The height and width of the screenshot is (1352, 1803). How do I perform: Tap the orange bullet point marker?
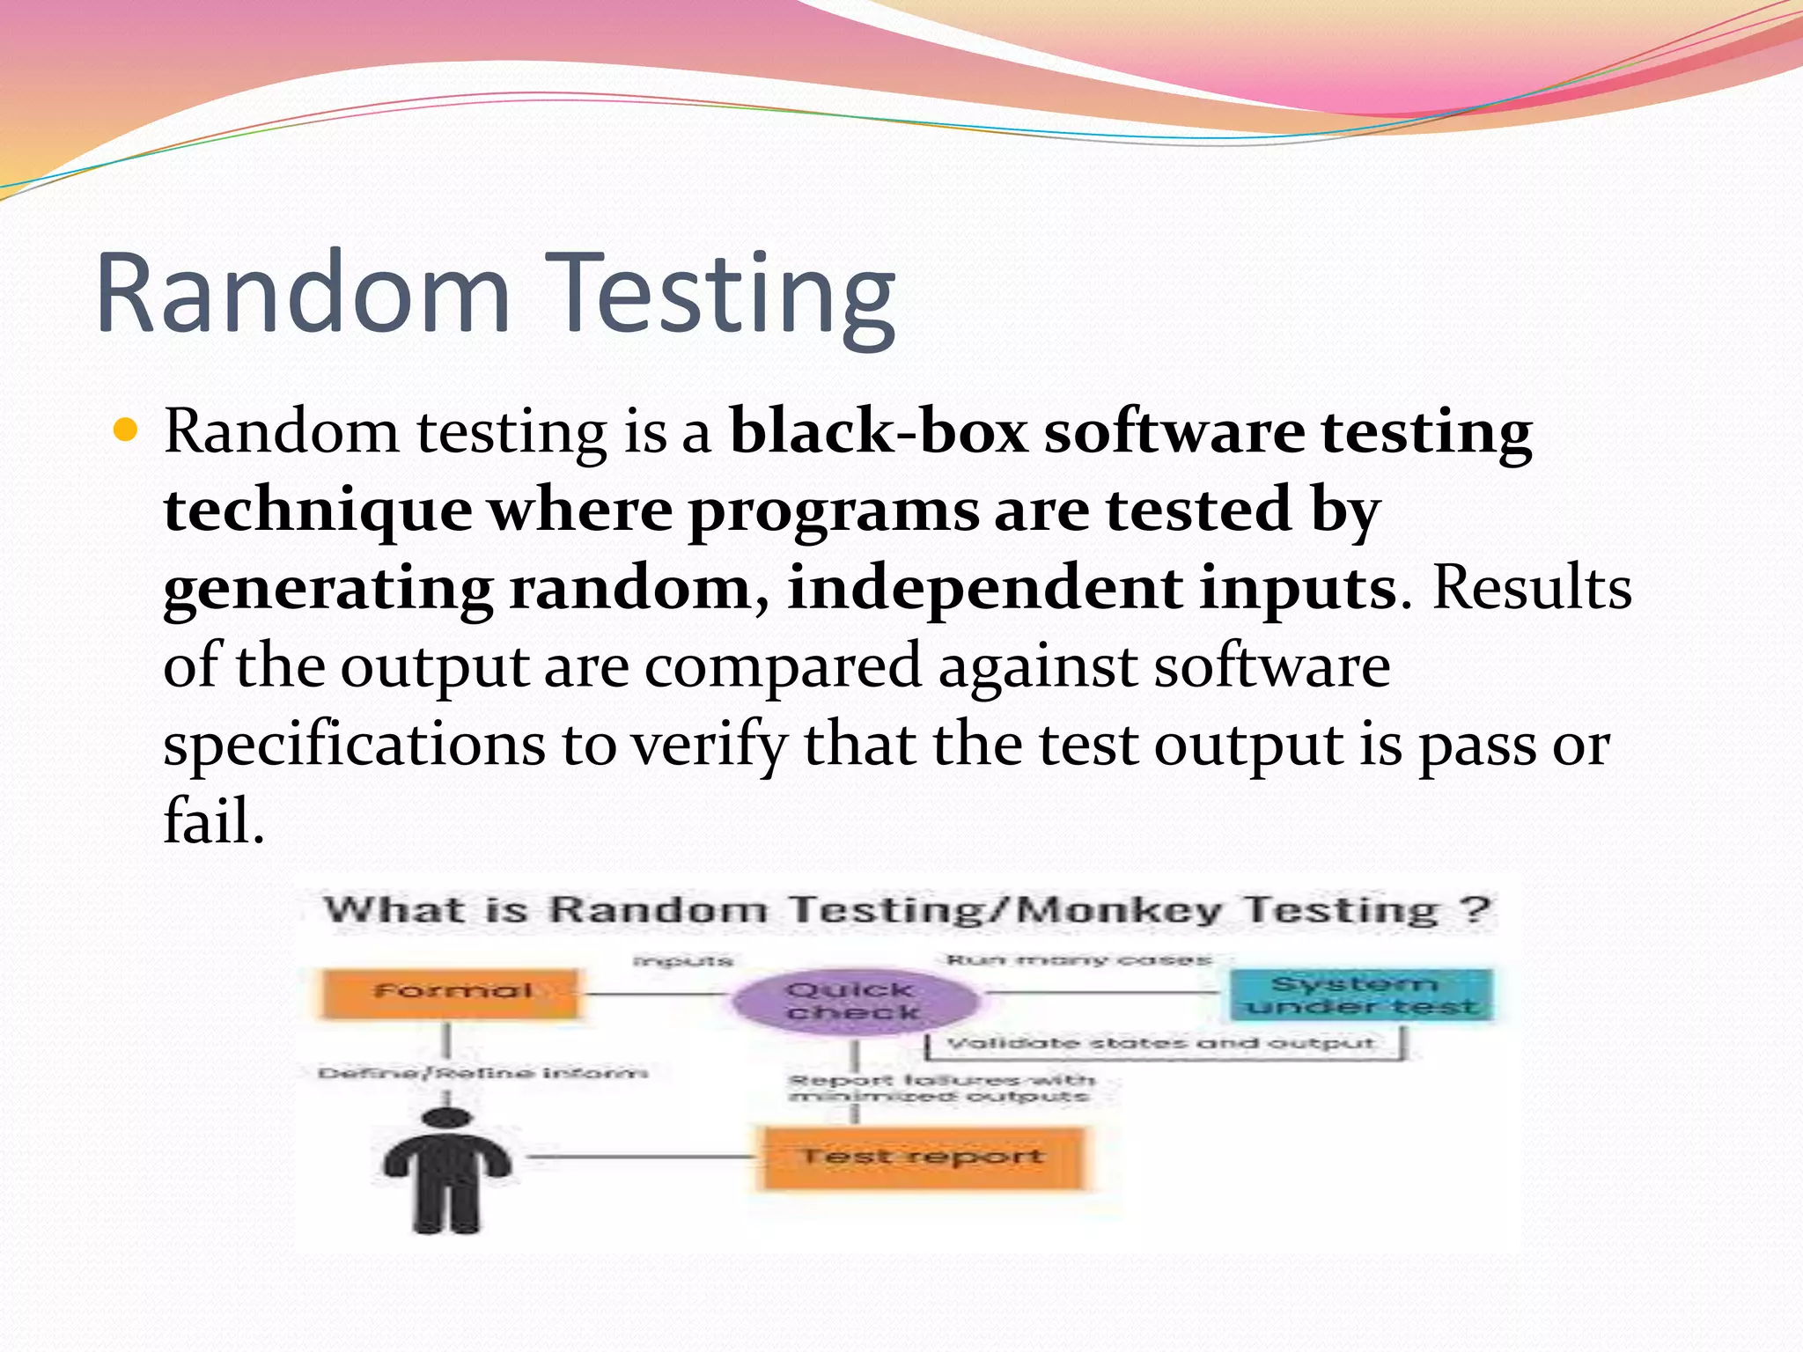pyautogui.click(x=128, y=430)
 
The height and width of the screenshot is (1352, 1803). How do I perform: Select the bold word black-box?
pyautogui.click(x=879, y=433)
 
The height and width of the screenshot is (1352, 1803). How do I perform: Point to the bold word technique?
pyautogui.click(x=318, y=511)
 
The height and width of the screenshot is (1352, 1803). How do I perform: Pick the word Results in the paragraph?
pyautogui.click(x=1532, y=588)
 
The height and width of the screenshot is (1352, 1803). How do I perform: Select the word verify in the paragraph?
pyautogui.click(x=708, y=745)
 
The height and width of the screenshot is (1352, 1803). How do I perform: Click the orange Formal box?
pyautogui.click(x=452, y=993)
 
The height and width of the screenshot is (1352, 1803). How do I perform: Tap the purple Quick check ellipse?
pyautogui.click(x=852, y=1001)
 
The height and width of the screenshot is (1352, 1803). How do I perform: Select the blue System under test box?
pyautogui.click(x=1360, y=995)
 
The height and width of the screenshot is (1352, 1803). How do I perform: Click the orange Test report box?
pyautogui.click(x=922, y=1157)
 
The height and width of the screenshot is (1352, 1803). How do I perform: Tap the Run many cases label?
pyautogui.click(x=1078, y=959)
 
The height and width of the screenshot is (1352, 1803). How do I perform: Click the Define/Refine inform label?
pyautogui.click(x=482, y=1073)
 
